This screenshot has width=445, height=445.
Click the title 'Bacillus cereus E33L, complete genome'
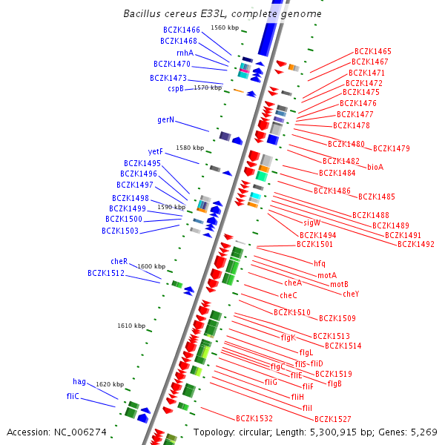pyautogui.click(x=222, y=14)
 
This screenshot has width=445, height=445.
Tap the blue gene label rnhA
pyautogui.click(x=185, y=53)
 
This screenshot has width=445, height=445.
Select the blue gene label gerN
pyautogui.click(x=165, y=119)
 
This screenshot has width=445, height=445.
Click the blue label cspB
pyautogui.click(x=176, y=89)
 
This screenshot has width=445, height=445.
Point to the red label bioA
pyautogui.click(x=375, y=167)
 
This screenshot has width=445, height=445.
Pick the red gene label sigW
pyautogui.click(x=311, y=222)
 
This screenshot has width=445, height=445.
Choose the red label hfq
pyautogui.click(x=319, y=263)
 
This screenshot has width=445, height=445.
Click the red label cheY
pyautogui.click(x=351, y=294)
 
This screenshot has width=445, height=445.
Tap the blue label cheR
pyautogui.click(x=119, y=261)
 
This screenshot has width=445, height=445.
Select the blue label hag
pyautogui.click(x=79, y=381)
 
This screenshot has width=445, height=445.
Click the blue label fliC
pyautogui.click(x=73, y=396)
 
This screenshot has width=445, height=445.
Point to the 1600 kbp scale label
pyautogui.click(x=151, y=266)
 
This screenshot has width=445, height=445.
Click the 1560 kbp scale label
pyautogui.click(x=225, y=27)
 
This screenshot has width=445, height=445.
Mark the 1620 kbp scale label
pyautogui.click(x=110, y=384)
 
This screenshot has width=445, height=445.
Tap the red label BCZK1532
pyautogui.click(x=254, y=419)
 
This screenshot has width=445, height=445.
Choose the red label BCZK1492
pyautogui.click(x=416, y=244)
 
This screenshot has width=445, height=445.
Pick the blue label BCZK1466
pyautogui.click(x=182, y=30)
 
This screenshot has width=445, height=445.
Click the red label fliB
pyautogui.click(x=334, y=383)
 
